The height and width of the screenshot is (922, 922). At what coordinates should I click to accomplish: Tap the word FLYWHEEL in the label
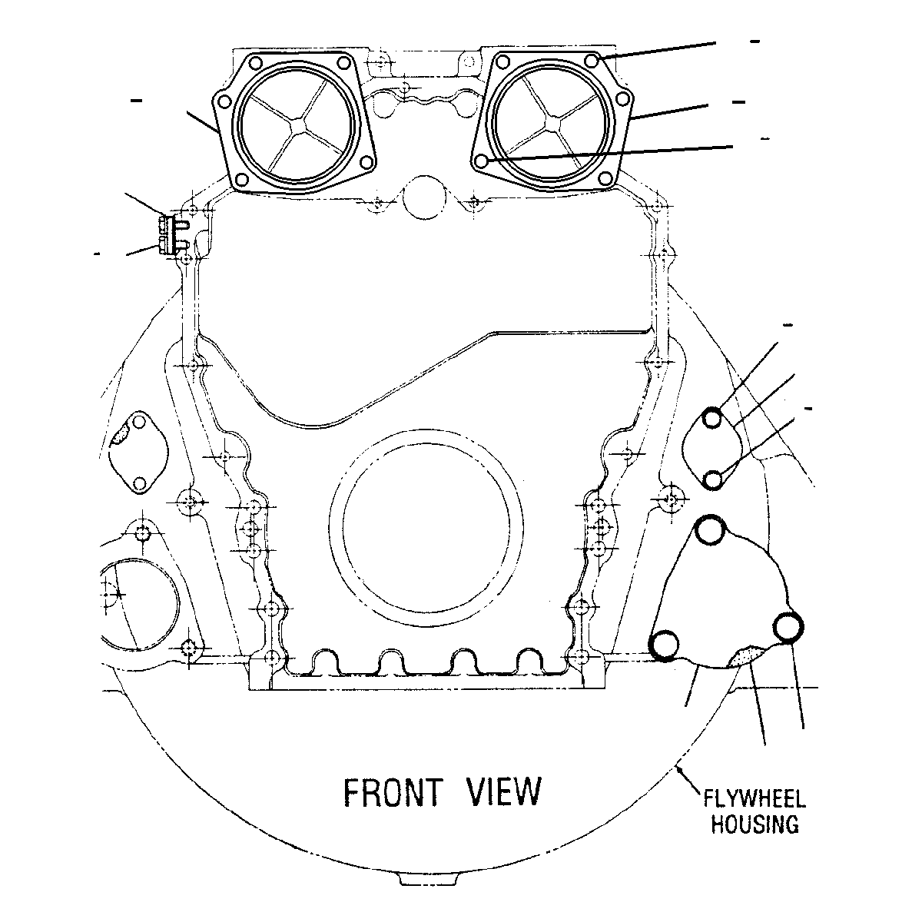tap(755, 799)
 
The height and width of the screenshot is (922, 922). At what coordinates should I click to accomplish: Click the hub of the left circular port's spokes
tap(297, 124)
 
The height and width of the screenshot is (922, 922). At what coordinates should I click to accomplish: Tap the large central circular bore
tap(426, 528)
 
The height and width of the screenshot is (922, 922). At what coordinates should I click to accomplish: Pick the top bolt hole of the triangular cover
tap(710, 529)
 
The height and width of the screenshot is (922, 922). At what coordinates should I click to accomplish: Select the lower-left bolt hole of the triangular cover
tap(664, 645)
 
